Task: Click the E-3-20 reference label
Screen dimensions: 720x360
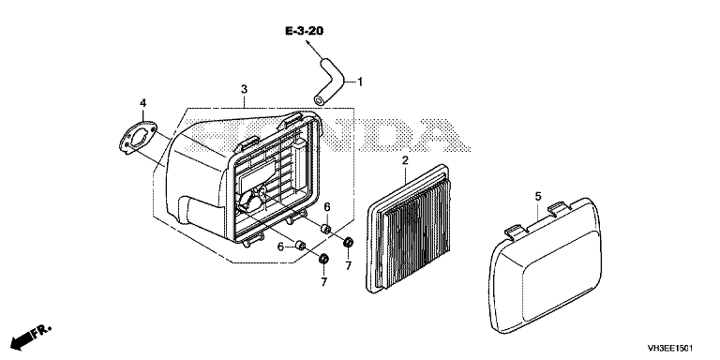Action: click(x=304, y=31)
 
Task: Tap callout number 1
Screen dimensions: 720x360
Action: click(x=360, y=82)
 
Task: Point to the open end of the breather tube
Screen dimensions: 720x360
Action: click(x=318, y=100)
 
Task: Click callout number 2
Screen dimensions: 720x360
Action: click(x=405, y=160)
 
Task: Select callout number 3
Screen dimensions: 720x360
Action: click(x=245, y=88)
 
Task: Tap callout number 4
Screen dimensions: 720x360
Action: click(x=142, y=103)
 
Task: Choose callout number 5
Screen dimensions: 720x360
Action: click(x=538, y=196)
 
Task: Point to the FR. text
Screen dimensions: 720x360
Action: click(x=43, y=331)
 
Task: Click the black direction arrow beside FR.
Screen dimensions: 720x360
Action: click(x=22, y=340)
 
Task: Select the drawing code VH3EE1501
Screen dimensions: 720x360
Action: click(x=670, y=348)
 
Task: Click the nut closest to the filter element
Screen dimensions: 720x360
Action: click(x=349, y=241)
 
